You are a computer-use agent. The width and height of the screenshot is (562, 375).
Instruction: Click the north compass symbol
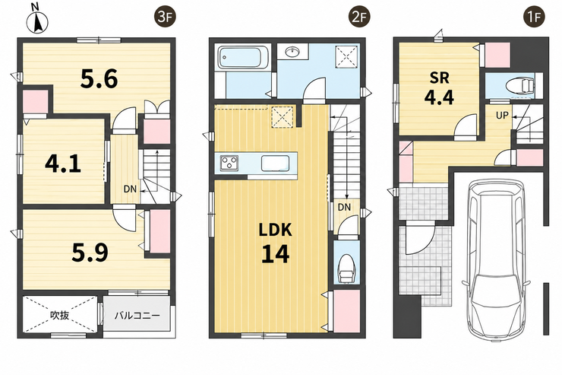click(x=37, y=20)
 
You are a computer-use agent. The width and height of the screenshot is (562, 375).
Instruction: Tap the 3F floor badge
click(x=165, y=17)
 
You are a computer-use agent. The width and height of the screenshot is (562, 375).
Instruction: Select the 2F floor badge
click(x=358, y=17)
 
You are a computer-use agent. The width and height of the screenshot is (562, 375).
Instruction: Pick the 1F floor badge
click(x=535, y=17)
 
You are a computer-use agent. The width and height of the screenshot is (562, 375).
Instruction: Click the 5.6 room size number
click(x=99, y=79)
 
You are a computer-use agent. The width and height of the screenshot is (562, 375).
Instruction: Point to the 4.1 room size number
click(x=63, y=164)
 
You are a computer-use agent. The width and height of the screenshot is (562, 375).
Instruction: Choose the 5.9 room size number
click(x=90, y=253)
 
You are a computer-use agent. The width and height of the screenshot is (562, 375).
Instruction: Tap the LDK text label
click(x=275, y=230)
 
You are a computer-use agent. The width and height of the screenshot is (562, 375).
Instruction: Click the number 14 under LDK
click(x=275, y=253)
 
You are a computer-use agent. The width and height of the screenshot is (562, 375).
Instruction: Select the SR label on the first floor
click(x=440, y=78)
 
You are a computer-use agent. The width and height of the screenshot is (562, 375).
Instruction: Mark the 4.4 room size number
click(x=439, y=97)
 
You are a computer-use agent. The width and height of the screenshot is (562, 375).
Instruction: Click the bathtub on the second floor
click(x=240, y=57)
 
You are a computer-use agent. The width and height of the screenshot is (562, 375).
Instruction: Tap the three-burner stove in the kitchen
click(x=229, y=163)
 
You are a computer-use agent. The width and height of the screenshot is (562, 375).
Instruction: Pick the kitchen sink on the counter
click(x=275, y=164)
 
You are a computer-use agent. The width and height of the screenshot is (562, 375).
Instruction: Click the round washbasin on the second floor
click(x=293, y=52)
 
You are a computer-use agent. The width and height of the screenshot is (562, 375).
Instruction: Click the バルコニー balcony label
click(x=137, y=316)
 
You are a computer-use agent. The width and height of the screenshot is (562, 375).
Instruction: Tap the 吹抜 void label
click(x=59, y=316)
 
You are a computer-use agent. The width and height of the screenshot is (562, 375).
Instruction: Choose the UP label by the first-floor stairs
click(x=502, y=115)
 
